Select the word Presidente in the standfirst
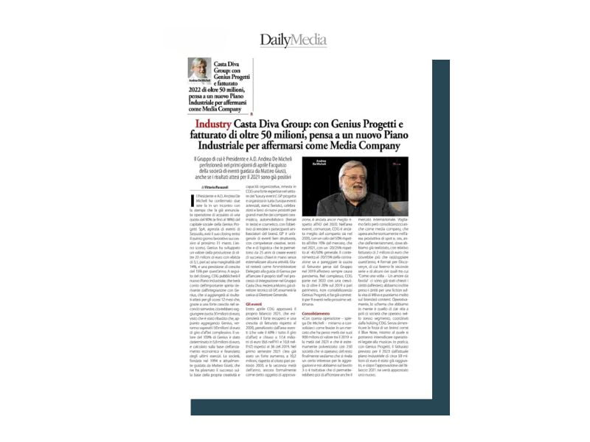(x=244, y=158)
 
